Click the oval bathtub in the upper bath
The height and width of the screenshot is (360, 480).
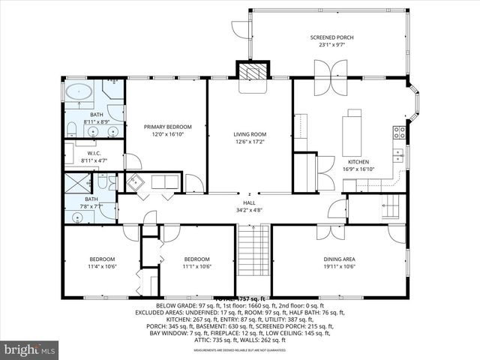pos(79,93)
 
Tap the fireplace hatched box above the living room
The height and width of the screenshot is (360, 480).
pos(251,70)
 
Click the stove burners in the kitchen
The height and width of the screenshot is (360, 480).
pos(400,133)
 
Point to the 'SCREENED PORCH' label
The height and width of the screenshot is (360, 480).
pos(331,37)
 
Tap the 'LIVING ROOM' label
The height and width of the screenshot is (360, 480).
pos(250,134)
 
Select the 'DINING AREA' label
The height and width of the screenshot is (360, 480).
pos(339,259)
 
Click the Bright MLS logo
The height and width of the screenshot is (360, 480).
pos(30,349)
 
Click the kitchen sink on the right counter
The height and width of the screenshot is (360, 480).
pos(397,157)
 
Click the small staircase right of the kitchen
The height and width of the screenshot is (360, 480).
pos(390,205)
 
